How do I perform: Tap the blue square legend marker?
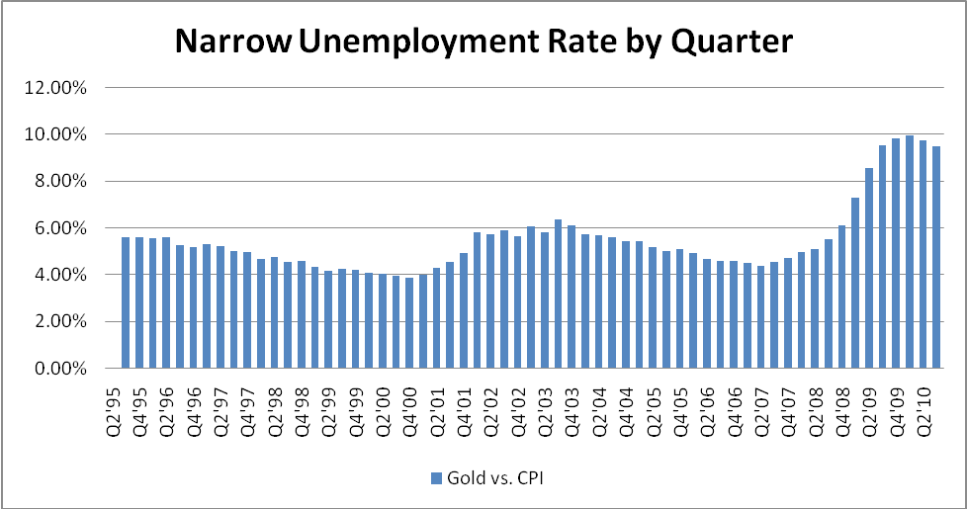coord(435,478)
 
